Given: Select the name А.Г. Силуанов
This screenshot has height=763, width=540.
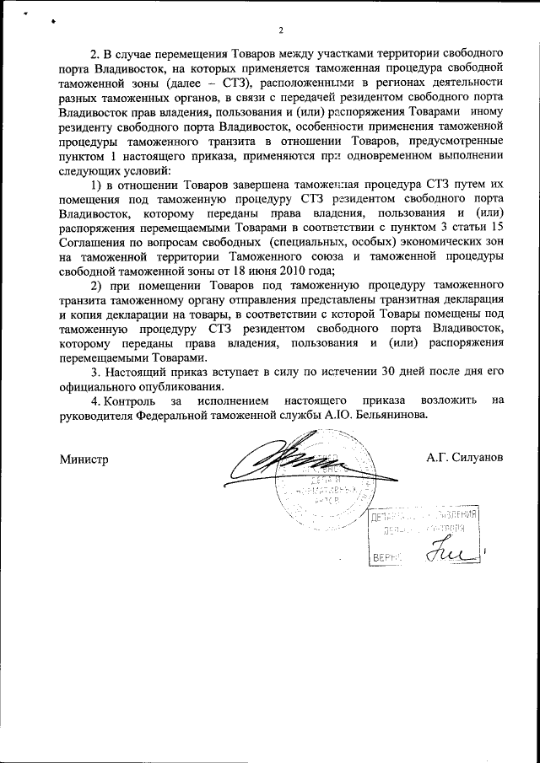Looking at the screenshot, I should [x=465, y=456].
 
